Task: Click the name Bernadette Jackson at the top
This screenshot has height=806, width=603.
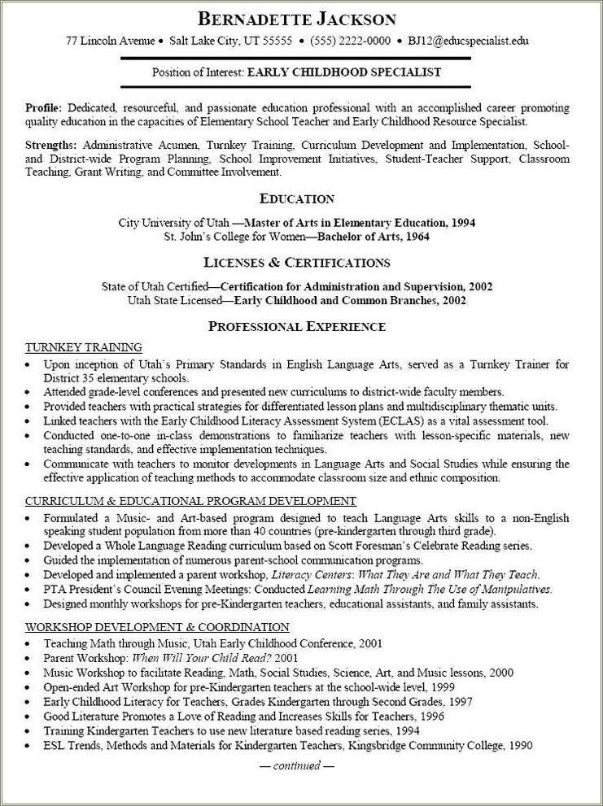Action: tap(297, 19)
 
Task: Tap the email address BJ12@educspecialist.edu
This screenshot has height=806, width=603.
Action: tap(468, 41)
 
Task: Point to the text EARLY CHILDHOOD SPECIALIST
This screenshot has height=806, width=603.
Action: tap(344, 72)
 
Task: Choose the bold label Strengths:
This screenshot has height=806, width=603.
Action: tap(51, 145)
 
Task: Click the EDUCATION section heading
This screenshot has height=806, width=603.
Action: tap(296, 198)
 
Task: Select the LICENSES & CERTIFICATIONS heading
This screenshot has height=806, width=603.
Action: tap(296, 263)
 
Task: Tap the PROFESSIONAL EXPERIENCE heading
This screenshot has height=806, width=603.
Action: tap(296, 327)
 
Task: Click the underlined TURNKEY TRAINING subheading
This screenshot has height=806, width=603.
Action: tap(84, 347)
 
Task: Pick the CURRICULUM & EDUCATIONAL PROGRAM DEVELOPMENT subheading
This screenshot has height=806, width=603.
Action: tap(190, 501)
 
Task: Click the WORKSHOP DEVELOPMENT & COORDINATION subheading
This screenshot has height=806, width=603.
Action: tap(157, 627)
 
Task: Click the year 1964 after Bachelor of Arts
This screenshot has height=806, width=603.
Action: tap(415, 237)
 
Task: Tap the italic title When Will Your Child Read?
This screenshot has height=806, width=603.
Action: tap(202, 657)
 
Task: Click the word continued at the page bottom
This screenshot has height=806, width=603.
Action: tap(296, 765)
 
